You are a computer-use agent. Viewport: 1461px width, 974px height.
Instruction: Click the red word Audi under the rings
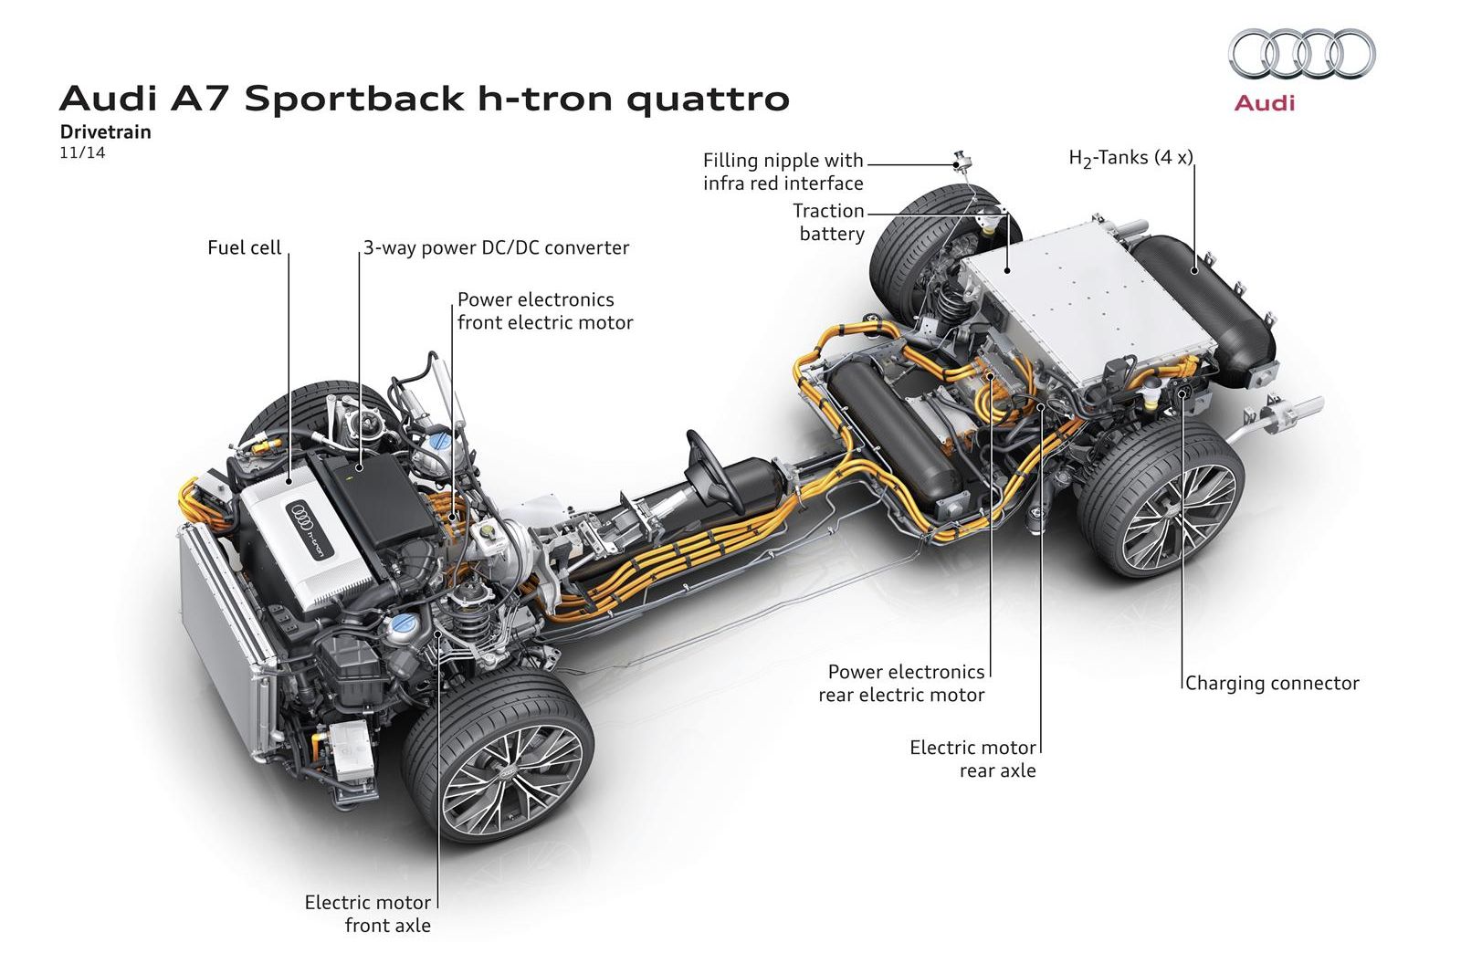click(1265, 102)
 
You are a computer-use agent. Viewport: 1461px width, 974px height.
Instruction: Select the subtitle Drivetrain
click(106, 131)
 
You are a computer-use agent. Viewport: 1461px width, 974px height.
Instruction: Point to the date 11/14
click(82, 152)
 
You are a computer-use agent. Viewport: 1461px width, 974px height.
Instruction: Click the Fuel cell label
click(245, 247)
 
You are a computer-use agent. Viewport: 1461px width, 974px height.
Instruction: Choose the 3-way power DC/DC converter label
click(496, 247)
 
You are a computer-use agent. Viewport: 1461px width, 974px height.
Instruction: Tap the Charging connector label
click(1272, 683)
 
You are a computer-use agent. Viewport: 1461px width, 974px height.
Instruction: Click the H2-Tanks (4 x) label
click(1130, 158)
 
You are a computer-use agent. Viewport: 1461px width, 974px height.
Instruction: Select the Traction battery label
click(829, 223)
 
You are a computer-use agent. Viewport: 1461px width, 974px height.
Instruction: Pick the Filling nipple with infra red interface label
click(783, 172)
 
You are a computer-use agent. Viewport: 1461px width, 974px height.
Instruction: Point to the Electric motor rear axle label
click(973, 759)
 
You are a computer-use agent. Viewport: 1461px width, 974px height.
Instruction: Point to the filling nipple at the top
click(962, 162)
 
